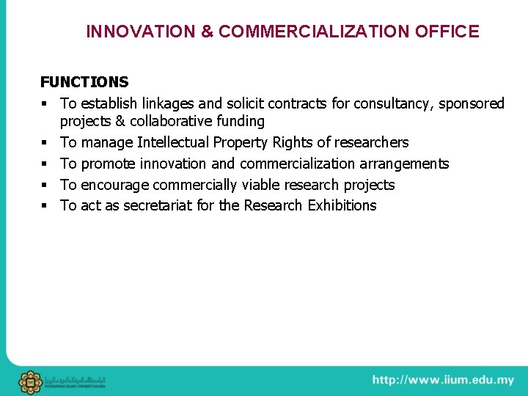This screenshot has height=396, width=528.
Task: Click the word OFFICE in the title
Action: pos(447,32)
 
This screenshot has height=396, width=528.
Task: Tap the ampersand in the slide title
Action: pos(207,32)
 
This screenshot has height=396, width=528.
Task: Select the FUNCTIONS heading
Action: pos(84,82)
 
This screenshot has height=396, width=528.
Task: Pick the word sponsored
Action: pos(472,103)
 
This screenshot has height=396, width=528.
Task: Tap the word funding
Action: pos(241,121)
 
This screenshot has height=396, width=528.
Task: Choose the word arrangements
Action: pos(404,164)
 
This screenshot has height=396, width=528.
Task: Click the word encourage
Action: pos(116,185)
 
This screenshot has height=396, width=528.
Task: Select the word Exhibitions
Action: pos(342,205)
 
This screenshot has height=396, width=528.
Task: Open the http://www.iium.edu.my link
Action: pos(443,380)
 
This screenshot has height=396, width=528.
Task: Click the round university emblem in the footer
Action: pos(30,382)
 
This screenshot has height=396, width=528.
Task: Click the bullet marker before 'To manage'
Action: pos(45,143)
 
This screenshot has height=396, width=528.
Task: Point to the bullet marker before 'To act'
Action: pos(45,206)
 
